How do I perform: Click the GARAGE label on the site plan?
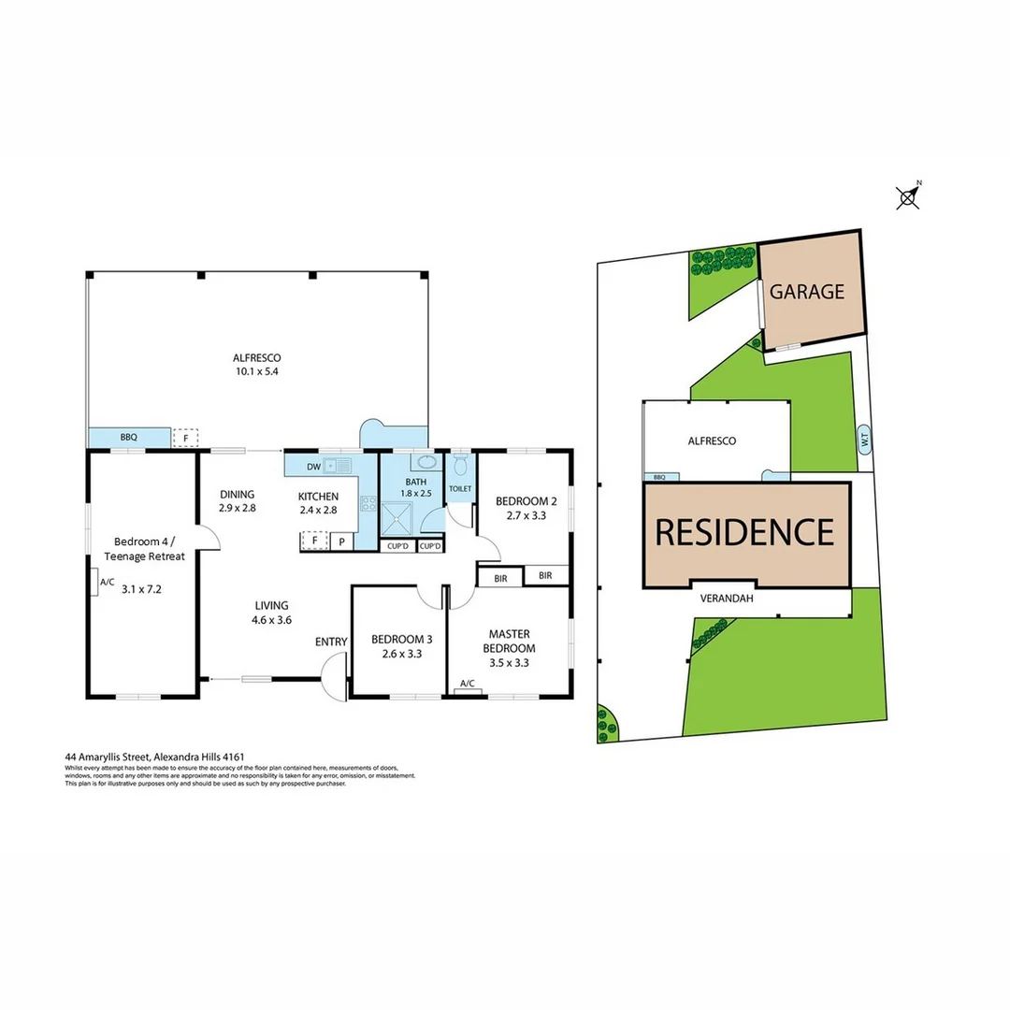806,292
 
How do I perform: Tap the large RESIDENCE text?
744,531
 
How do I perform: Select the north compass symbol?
907,196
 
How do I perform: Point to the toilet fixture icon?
460,465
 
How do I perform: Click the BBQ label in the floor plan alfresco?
128,438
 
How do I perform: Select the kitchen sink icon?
337,465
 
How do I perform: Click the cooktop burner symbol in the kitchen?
368,504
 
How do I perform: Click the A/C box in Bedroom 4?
107,584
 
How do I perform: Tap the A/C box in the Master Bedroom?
468,684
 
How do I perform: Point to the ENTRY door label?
331,642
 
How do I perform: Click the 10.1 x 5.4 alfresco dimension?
257,371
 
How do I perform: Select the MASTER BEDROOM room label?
509,642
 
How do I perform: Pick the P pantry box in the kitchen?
341,541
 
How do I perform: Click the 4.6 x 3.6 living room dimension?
271,619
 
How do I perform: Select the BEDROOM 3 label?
401,640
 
